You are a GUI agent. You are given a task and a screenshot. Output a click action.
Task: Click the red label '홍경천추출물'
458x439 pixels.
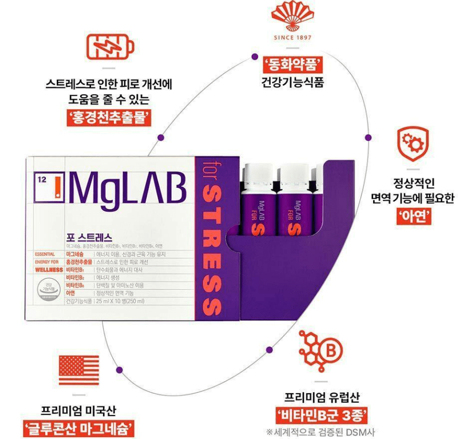(x=109, y=118)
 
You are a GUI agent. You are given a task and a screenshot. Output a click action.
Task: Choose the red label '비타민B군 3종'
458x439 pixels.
(x=322, y=415)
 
